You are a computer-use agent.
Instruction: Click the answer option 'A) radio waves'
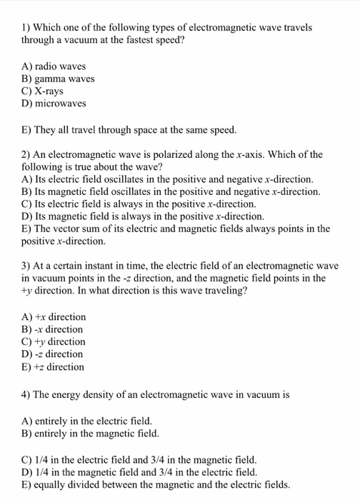tap(54, 66)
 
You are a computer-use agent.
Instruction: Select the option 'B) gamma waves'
tap(59, 79)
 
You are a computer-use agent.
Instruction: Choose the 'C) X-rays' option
tap(43, 91)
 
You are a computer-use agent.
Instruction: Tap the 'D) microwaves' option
tap(54, 104)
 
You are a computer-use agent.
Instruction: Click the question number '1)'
tap(26, 28)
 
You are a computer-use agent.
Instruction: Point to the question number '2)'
tap(26, 154)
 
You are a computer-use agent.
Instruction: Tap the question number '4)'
tap(26, 394)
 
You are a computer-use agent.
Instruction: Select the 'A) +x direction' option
tap(54, 316)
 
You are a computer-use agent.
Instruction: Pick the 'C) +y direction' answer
tap(54, 341)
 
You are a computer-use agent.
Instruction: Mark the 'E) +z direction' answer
tap(54, 367)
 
